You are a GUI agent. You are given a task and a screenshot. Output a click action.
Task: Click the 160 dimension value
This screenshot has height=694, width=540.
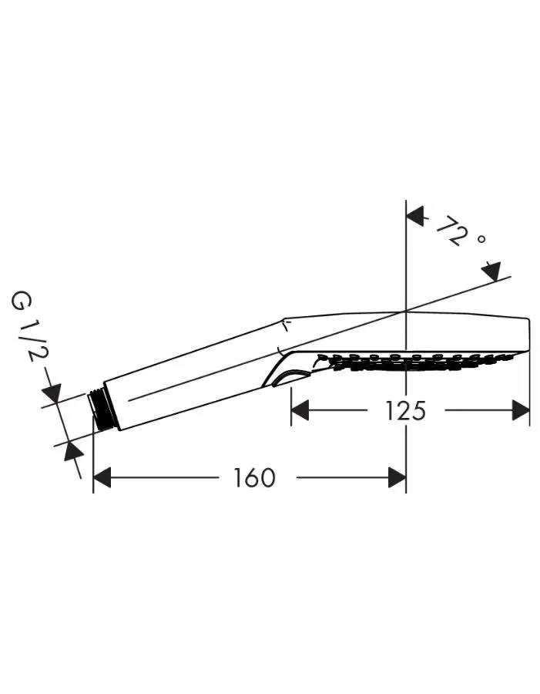pos(254,478)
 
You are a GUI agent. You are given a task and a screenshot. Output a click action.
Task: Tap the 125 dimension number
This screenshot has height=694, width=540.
pos(405,411)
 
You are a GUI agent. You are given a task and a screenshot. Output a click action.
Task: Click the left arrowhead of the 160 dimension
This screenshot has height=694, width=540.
pos(102,478)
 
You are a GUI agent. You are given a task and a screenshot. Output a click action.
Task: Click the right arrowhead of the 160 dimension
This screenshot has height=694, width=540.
pos(397,478)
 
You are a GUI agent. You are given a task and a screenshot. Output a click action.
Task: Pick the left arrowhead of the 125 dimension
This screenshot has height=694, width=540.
pos(300,410)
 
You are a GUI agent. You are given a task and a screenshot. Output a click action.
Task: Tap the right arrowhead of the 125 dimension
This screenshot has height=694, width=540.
pos(521,410)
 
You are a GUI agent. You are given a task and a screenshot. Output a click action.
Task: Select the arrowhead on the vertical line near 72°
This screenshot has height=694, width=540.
pos(415,216)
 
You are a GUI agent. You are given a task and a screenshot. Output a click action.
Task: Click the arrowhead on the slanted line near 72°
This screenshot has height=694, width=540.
pos(491,271)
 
